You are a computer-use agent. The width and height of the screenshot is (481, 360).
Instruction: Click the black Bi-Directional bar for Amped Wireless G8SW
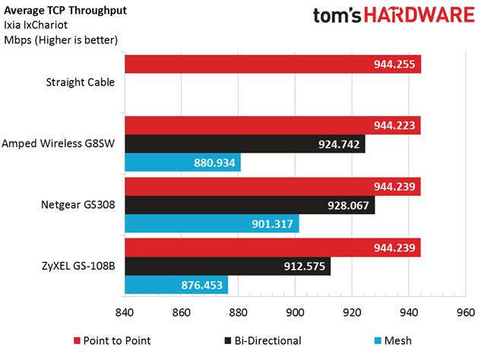[x=244, y=143]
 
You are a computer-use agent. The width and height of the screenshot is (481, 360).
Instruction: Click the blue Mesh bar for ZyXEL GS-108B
[x=176, y=285]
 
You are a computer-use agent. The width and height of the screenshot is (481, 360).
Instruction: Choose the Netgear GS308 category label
[x=80, y=204]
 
